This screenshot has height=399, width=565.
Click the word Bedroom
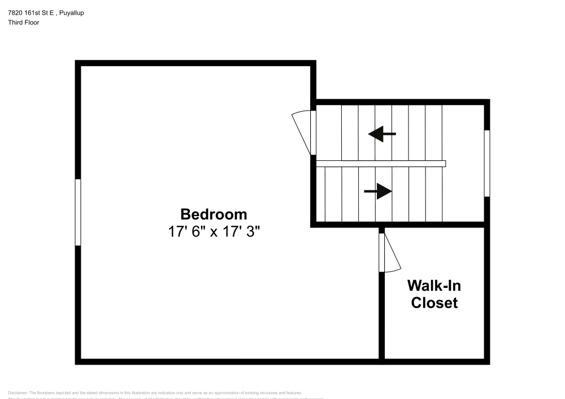click(x=214, y=214)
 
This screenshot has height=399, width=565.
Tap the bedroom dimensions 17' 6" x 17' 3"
click(x=214, y=232)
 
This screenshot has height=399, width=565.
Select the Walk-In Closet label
click(x=434, y=294)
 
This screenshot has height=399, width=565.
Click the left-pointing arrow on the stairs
click(x=382, y=134)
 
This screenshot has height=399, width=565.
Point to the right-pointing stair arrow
click(x=378, y=191)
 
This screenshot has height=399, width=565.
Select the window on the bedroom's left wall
click(x=78, y=212)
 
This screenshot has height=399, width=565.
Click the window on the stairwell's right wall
click(x=487, y=163)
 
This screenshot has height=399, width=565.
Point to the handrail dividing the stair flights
click(x=381, y=164)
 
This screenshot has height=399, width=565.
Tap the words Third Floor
click(x=24, y=23)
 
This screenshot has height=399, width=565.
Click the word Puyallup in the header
click(x=71, y=13)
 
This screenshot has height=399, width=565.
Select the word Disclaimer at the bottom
click(x=18, y=393)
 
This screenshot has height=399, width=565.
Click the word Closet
click(x=434, y=303)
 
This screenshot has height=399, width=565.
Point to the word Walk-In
click(x=434, y=285)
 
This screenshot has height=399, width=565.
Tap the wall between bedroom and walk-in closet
click(x=382, y=316)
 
